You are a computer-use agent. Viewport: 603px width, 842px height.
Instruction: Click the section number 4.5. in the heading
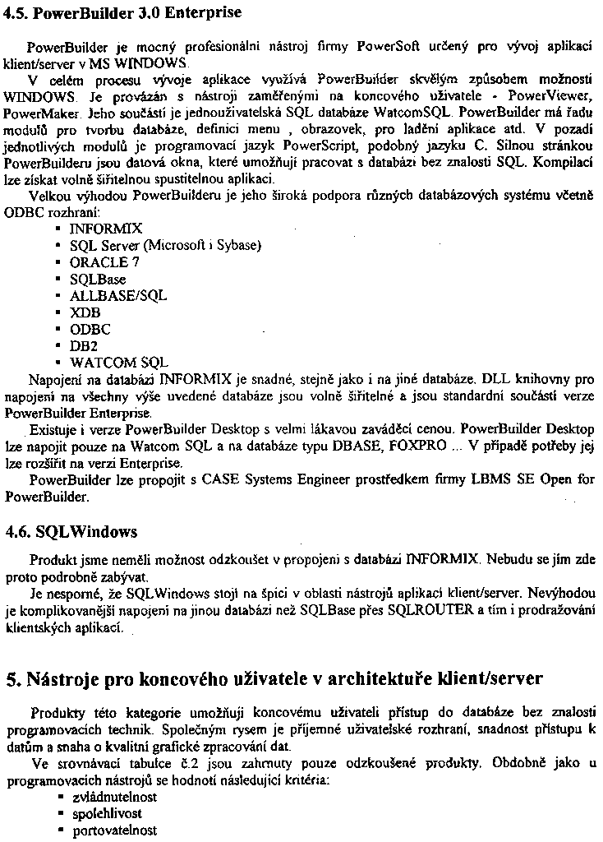point(17,12)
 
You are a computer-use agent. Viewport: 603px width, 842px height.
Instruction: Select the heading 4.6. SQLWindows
point(71,531)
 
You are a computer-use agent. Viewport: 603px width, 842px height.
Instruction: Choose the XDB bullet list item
point(85,312)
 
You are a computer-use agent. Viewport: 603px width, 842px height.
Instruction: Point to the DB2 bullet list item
point(85,345)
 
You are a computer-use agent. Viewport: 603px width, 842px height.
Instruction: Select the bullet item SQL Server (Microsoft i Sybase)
point(165,246)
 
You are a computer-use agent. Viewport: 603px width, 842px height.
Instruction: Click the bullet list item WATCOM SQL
point(119,362)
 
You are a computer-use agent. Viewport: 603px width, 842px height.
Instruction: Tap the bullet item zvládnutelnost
point(115,797)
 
